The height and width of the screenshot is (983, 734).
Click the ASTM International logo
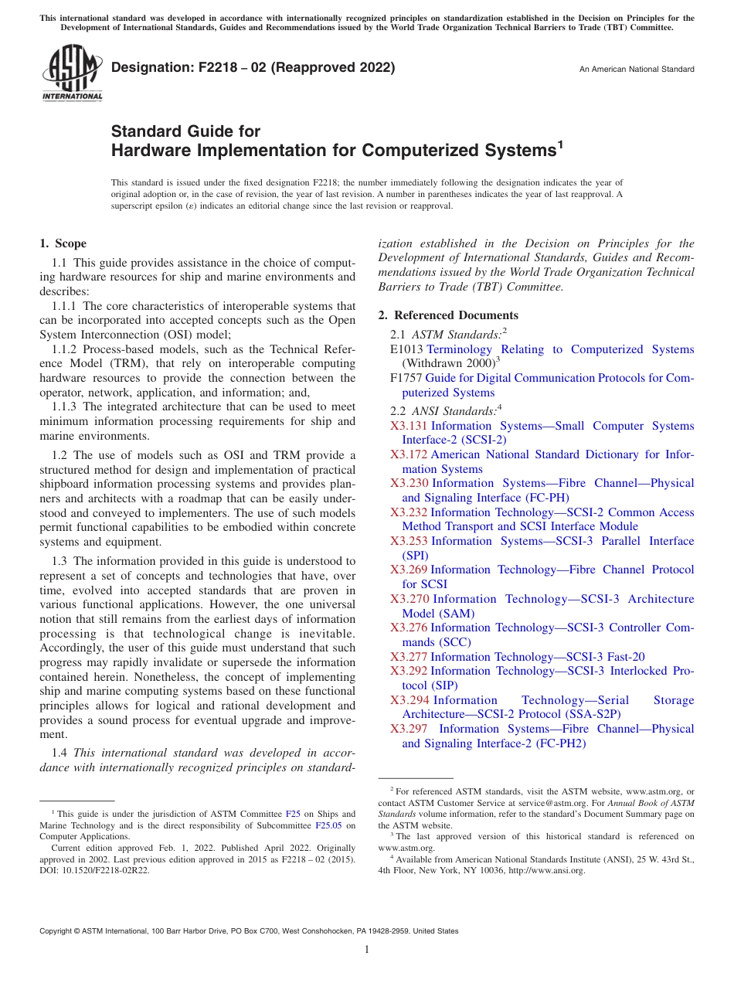click(x=71, y=73)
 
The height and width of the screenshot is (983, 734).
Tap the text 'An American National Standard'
click(x=637, y=69)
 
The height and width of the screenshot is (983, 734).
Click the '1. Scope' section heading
click(x=63, y=243)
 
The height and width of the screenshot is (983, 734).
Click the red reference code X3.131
click(x=409, y=426)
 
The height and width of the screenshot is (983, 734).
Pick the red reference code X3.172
click(x=409, y=454)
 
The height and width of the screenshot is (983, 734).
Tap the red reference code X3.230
click(x=409, y=483)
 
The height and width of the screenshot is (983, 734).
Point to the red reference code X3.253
click(x=409, y=541)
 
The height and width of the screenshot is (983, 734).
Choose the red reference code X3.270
click(x=409, y=599)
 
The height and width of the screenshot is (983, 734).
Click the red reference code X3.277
click(x=409, y=657)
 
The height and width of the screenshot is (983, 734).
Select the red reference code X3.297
click(x=409, y=729)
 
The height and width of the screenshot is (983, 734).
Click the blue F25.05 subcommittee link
click(x=329, y=825)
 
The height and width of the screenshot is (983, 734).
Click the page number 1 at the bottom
click(x=367, y=950)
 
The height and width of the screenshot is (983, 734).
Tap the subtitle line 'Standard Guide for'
click(x=185, y=131)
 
